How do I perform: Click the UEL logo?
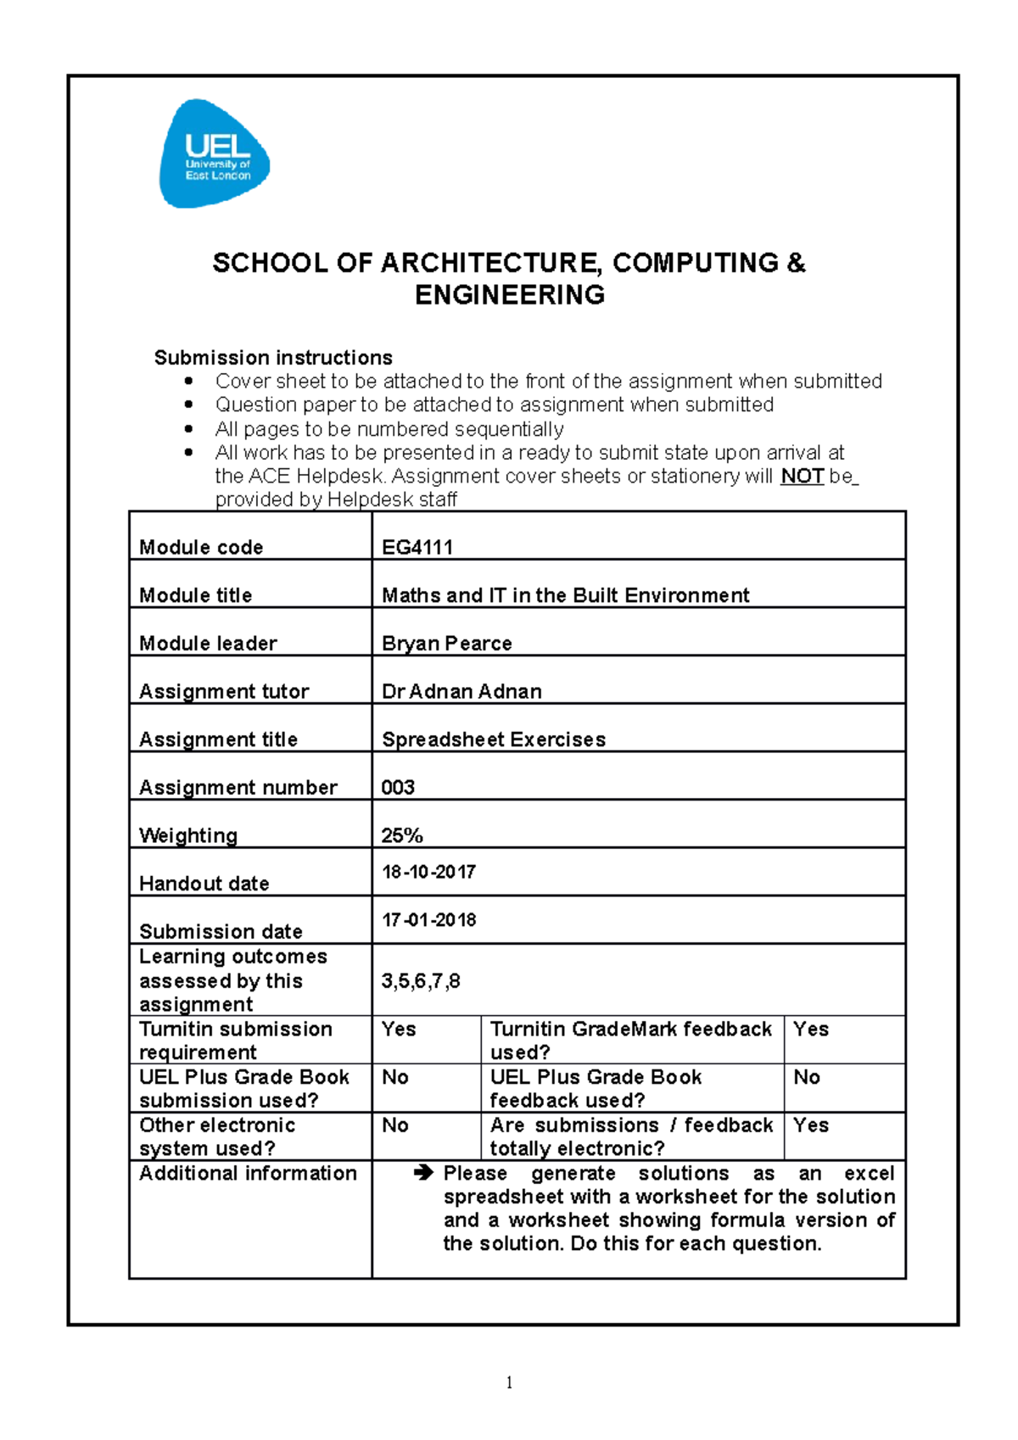215,154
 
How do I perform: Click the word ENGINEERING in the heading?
509,295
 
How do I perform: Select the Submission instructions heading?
273,357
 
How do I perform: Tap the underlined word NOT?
802,476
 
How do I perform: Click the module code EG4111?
417,547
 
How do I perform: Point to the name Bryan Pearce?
447,643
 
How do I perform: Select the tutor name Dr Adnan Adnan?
461,691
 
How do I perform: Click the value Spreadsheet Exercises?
494,740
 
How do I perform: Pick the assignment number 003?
398,787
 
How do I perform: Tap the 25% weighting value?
402,835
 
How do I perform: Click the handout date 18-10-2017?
428,872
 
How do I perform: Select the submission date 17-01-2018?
428,920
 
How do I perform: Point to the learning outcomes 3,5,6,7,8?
421,981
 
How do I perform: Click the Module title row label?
196,595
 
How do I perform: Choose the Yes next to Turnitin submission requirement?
399,1030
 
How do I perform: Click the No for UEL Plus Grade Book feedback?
807,1077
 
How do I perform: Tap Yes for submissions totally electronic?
811,1125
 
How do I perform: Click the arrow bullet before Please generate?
423,1173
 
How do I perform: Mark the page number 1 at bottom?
509,1383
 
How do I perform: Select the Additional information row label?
248,1173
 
